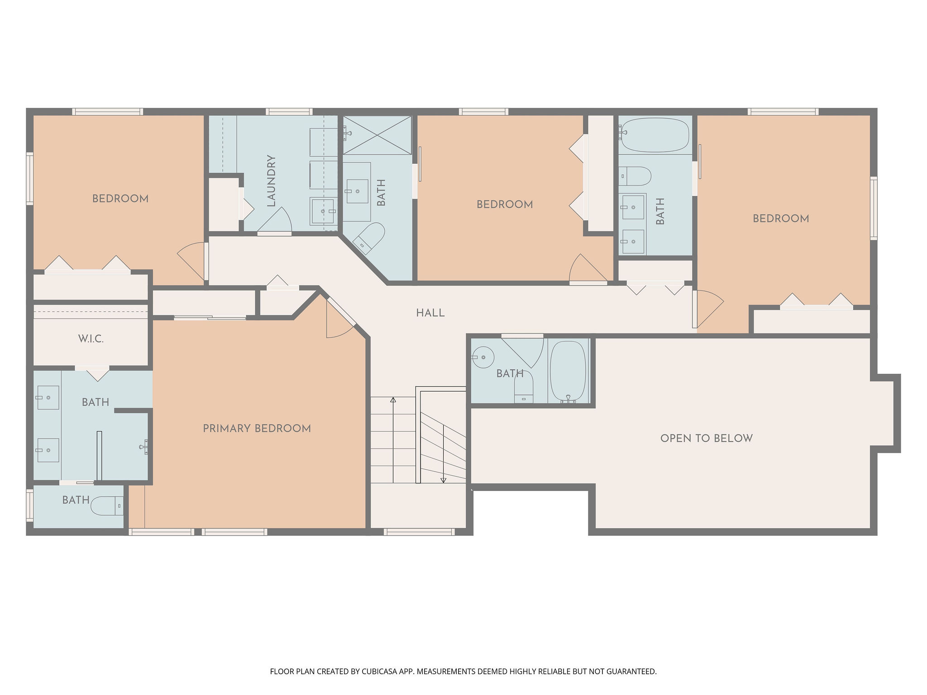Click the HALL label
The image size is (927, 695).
[x=430, y=313]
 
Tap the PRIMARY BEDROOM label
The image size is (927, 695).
[x=257, y=428]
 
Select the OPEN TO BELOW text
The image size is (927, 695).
[x=706, y=438]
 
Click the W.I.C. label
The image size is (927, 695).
[x=91, y=339]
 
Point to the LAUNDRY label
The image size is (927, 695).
[x=271, y=181]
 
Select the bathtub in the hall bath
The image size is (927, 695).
[x=568, y=371]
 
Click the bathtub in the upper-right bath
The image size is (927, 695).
[x=655, y=135]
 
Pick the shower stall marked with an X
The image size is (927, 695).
[x=377, y=135]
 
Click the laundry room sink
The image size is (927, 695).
[x=324, y=211]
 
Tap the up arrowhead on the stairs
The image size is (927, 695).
[x=393, y=400]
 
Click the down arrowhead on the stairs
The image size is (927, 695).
[x=444, y=480]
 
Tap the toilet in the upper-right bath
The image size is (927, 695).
[x=635, y=176]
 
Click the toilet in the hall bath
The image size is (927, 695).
[x=524, y=387]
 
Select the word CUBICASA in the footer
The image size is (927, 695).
[x=379, y=671]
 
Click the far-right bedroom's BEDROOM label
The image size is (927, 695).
[x=781, y=219]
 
